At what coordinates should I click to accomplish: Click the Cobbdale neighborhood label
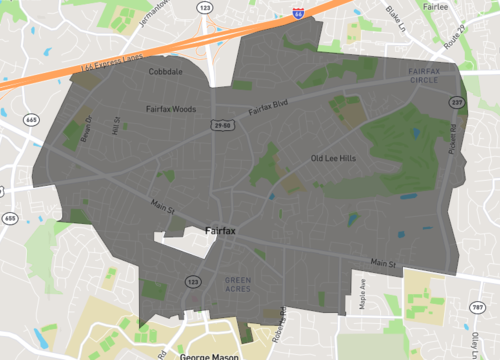click(166, 73)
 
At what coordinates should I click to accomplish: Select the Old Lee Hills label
click(333, 158)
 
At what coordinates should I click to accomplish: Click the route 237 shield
click(456, 101)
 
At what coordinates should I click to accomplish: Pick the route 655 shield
click(10, 218)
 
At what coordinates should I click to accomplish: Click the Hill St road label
click(116, 129)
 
